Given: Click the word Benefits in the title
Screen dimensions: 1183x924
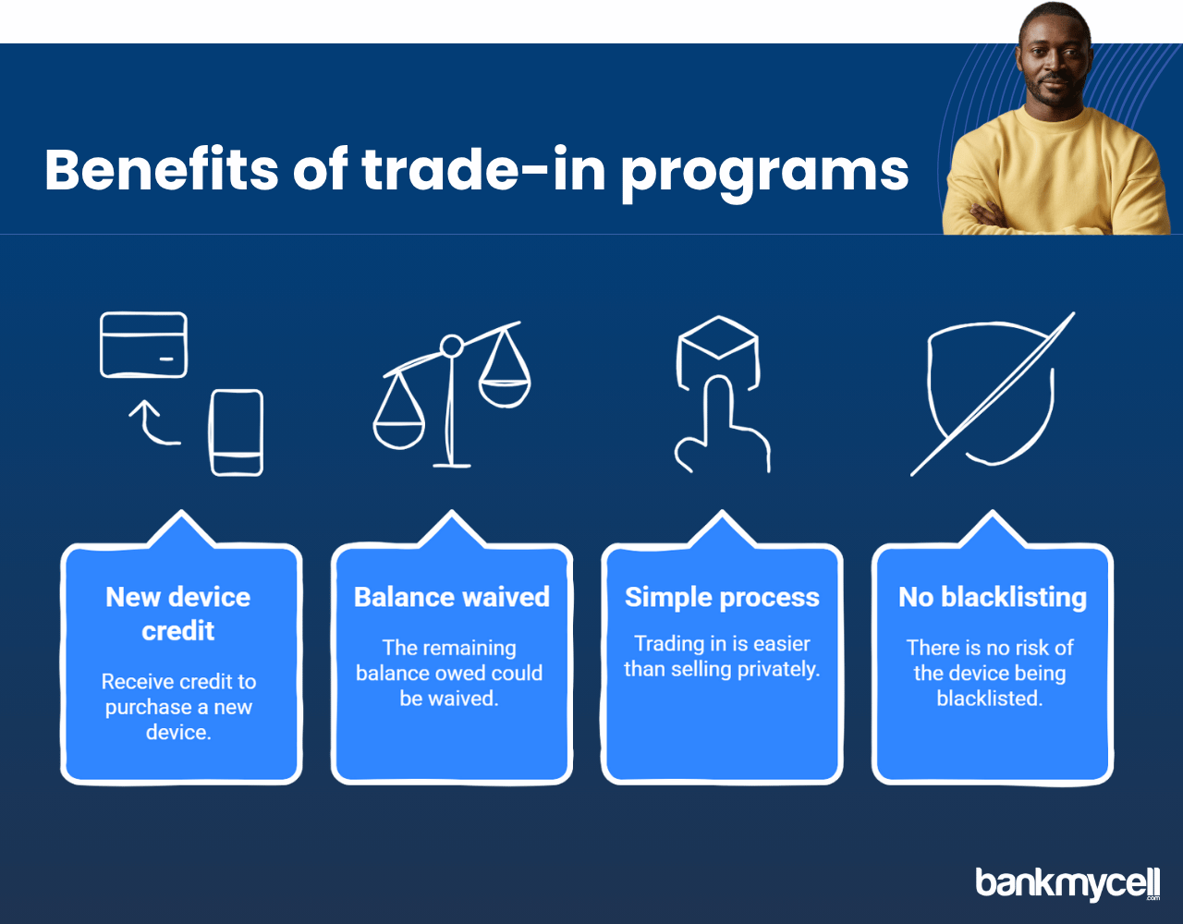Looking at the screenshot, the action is pyautogui.click(x=161, y=169).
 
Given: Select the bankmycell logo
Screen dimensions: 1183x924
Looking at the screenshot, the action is pyautogui.click(x=1067, y=884).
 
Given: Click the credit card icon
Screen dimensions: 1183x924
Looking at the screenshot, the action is pyautogui.click(x=144, y=345).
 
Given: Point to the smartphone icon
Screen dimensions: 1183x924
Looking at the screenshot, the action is pyautogui.click(x=237, y=432).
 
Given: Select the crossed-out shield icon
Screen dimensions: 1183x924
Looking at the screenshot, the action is pyautogui.click(x=992, y=394).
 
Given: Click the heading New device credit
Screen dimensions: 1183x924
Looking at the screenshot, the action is pyautogui.click(x=178, y=614).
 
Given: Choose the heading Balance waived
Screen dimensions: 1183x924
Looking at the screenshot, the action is pyautogui.click(x=451, y=597).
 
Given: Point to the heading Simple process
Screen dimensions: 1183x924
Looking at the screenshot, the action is pyautogui.click(x=722, y=598).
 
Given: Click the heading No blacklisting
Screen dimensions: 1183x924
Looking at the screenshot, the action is pyautogui.click(x=993, y=598).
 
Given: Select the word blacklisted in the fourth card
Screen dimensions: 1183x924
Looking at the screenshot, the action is pyautogui.click(x=990, y=699).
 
